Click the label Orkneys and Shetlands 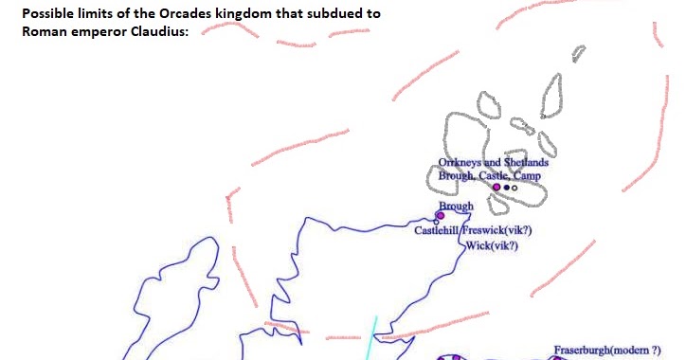(x=494, y=163)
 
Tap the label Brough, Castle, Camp (x=490, y=175)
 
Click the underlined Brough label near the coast (x=456, y=206)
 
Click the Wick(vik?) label (x=492, y=245)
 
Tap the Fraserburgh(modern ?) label (x=607, y=351)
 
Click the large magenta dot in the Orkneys (x=496, y=188)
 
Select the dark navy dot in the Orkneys (x=507, y=188)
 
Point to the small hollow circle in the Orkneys (x=514, y=188)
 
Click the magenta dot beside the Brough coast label (x=440, y=216)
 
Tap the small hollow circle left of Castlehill (x=436, y=223)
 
